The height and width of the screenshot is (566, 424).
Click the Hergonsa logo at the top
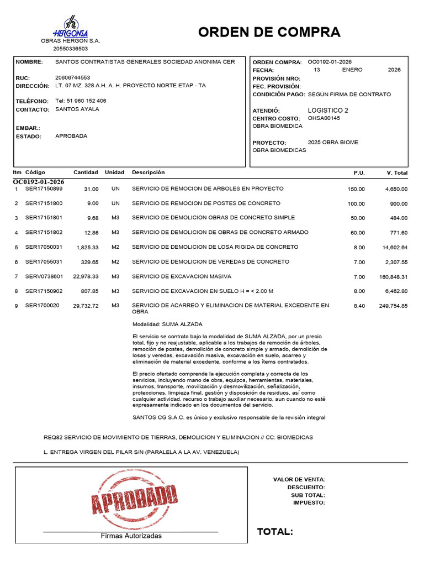[70, 27]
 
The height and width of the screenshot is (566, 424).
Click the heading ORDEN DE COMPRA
[269, 32]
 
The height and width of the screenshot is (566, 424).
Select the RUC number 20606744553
[73, 78]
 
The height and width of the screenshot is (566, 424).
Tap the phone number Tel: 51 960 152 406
[81, 101]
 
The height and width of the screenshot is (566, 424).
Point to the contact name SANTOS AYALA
[77, 109]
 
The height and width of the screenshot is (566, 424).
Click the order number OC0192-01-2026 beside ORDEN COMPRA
[330, 62]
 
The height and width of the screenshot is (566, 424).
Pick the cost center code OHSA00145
[324, 118]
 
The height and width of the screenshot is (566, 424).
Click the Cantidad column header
[86, 172]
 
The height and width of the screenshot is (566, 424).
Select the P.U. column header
[359, 173]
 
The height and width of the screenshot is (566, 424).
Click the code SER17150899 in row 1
[44, 189]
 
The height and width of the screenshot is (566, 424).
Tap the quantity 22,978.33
[86, 276]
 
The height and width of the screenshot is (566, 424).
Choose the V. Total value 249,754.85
[393, 306]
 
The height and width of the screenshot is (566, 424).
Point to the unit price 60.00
[357, 233]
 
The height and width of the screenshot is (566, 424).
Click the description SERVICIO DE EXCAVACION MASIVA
[182, 276]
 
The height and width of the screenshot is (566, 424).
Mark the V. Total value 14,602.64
[393, 247]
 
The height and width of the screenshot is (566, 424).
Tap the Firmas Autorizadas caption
[131, 536]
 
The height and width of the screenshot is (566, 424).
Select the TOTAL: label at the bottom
[275, 532]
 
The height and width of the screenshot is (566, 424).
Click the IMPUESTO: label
[309, 502]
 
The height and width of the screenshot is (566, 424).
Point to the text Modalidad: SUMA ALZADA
[167, 324]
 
